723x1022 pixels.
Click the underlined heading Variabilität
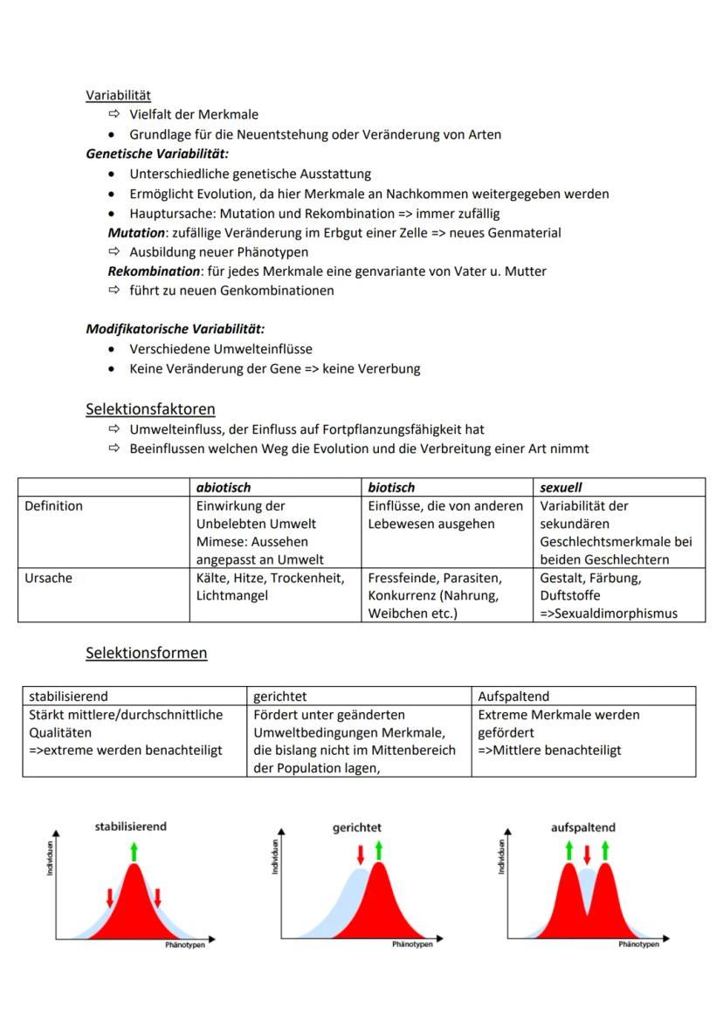point(118,94)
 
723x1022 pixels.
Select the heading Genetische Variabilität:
point(157,154)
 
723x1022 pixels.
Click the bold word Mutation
point(136,233)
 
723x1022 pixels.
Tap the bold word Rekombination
point(154,271)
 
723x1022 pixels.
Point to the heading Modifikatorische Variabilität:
point(176,329)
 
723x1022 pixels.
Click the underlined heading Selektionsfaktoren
point(150,408)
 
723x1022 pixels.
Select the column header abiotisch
point(224,487)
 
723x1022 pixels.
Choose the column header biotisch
point(391,487)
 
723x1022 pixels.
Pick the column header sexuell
point(561,487)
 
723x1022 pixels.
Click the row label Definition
point(54,506)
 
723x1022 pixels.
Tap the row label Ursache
point(48,578)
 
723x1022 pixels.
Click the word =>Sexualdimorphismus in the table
point(609,614)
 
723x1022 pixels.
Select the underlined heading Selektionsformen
point(146,653)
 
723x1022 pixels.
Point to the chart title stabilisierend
point(130,826)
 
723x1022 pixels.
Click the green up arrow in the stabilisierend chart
point(134,851)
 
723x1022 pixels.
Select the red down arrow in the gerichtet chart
point(359,854)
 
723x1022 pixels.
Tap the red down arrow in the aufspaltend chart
point(587,854)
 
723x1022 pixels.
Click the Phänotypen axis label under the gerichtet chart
point(411,944)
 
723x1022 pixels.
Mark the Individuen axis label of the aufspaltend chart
point(502,856)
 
